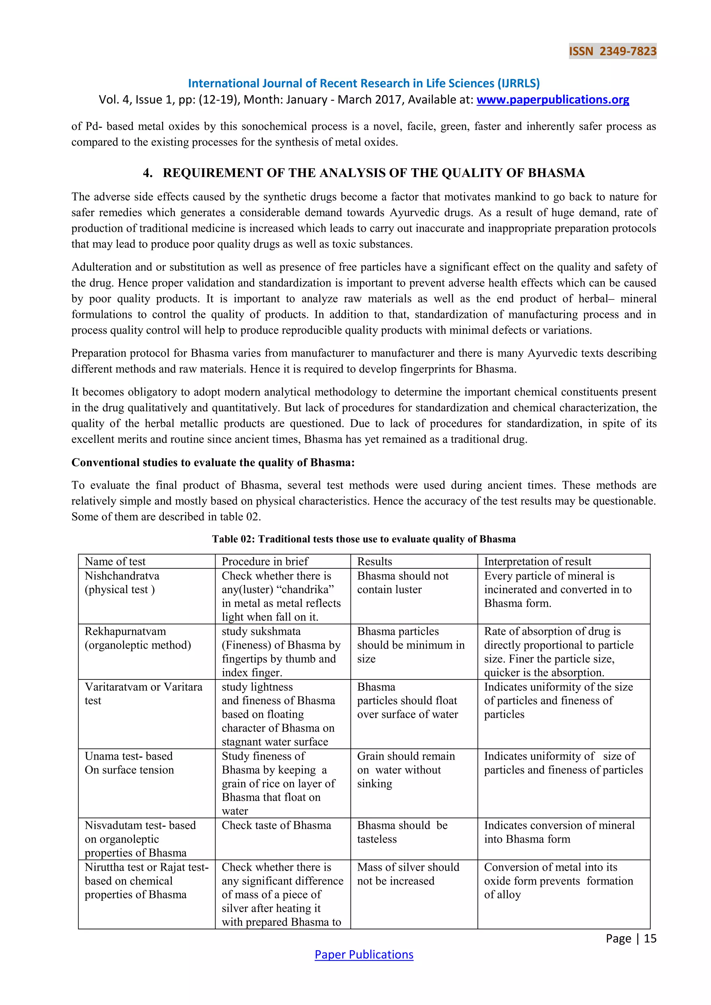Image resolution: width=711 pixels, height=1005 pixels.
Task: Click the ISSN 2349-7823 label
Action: click(612, 51)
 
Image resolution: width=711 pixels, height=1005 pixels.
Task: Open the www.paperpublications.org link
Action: click(552, 100)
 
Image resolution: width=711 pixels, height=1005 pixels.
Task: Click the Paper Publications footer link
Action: click(364, 954)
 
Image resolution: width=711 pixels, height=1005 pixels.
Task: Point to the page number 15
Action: click(650, 938)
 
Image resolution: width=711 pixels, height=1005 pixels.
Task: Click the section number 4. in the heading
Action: click(148, 173)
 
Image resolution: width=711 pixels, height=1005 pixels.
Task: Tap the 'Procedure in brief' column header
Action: click(265, 561)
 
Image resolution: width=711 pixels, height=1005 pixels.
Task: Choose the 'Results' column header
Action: click(374, 561)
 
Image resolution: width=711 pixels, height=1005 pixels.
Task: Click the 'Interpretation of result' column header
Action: click(537, 561)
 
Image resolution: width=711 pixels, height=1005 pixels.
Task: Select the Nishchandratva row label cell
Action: click(122, 583)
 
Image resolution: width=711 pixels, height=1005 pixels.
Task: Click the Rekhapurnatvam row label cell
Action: click(137, 638)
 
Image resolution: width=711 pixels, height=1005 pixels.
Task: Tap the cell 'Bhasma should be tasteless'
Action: click(402, 832)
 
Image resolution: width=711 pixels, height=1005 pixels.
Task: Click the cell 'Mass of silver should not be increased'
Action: click(408, 874)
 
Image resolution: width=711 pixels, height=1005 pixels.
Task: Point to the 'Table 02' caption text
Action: click(364, 539)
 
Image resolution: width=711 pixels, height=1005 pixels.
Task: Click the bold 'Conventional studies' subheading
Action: click(213, 462)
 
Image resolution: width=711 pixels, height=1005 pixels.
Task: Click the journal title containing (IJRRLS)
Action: click(364, 83)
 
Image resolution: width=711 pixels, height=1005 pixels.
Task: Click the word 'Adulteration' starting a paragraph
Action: click(102, 267)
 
